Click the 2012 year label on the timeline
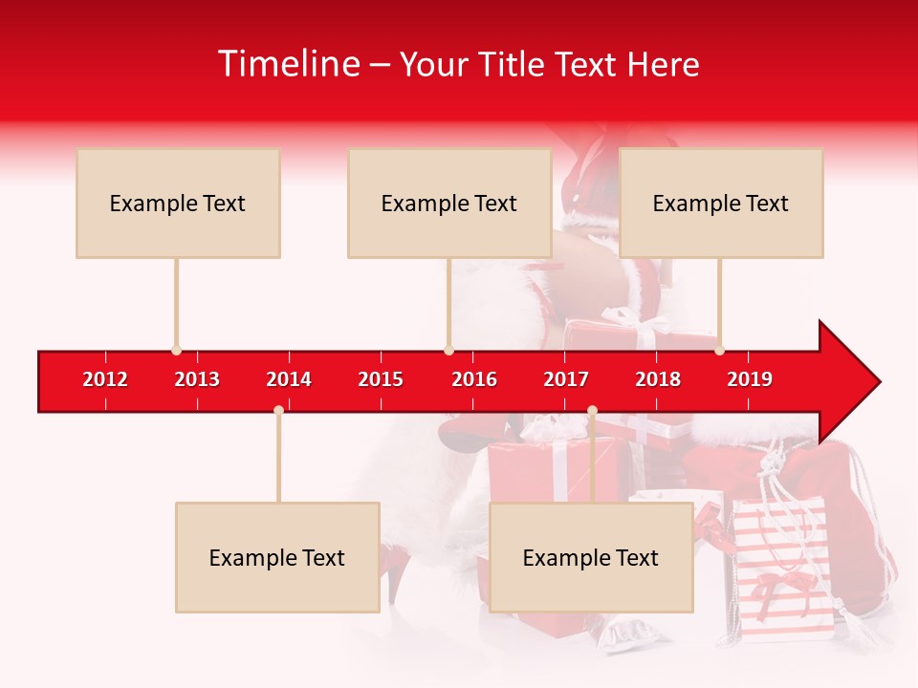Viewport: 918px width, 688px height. tap(105, 379)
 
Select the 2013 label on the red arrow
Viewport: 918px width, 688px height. tap(197, 379)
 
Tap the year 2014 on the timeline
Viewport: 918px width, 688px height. tap(289, 379)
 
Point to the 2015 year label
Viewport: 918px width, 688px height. tap(381, 379)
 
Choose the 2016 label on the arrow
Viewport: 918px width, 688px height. tap(474, 379)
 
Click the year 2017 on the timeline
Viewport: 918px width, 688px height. tap(566, 379)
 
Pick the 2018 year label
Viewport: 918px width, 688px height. tap(658, 379)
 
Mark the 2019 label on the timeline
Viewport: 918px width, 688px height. tap(750, 379)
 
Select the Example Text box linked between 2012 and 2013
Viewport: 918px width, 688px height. tap(178, 203)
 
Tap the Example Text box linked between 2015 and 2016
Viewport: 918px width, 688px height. tap(449, 203)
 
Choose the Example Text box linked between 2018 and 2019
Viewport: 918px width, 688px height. tap(721, 203)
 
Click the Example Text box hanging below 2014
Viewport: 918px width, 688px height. tap(277, 557)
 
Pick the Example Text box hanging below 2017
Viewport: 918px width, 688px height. tap(591, 557)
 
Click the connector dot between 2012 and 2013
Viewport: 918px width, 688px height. tap(176, 350)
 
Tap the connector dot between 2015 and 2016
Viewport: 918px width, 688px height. tap(448, 350)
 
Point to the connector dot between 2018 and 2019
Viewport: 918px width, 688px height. tap(719, 350)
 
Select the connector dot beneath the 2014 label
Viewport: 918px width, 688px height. tap(278, 410)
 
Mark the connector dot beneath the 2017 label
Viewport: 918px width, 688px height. tap(592, 410)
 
